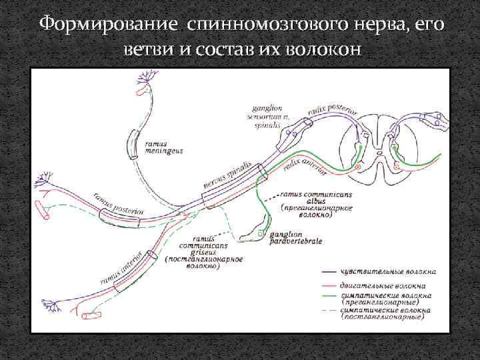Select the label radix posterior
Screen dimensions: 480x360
point(333,103)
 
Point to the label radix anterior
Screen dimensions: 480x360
point(305,164)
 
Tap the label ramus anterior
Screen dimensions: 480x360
point(120,267)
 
